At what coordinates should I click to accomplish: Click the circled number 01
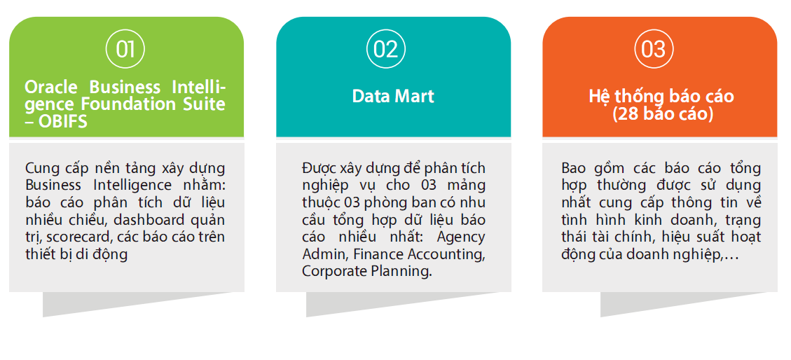(125, 50)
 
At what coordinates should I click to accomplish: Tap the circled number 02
(386, 50)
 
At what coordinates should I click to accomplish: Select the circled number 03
(653, 50)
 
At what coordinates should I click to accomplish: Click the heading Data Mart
(393, 96)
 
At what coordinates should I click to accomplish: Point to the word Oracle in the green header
(51, 88)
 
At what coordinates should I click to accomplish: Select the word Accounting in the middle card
(446, 254)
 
